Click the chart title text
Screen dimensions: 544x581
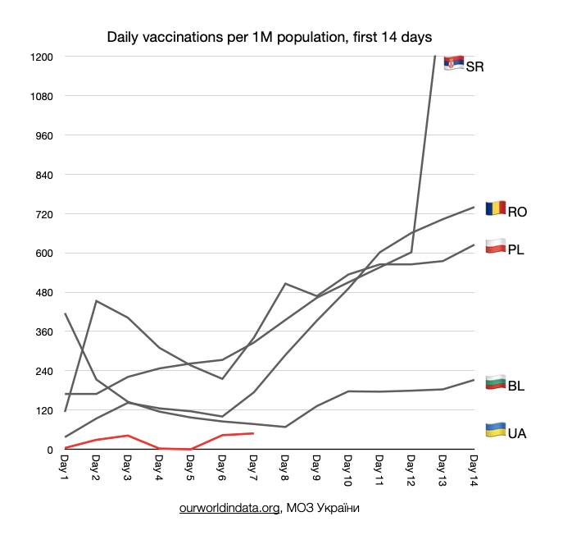270,38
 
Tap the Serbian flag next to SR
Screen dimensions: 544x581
454,63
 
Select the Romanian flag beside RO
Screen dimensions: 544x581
496,208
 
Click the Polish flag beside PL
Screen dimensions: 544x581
496,245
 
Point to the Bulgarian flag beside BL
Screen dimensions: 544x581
496,382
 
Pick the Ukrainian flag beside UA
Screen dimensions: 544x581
496,429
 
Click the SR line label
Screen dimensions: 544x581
475,67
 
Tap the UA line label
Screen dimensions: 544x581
517,433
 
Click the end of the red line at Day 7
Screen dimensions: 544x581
253,433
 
